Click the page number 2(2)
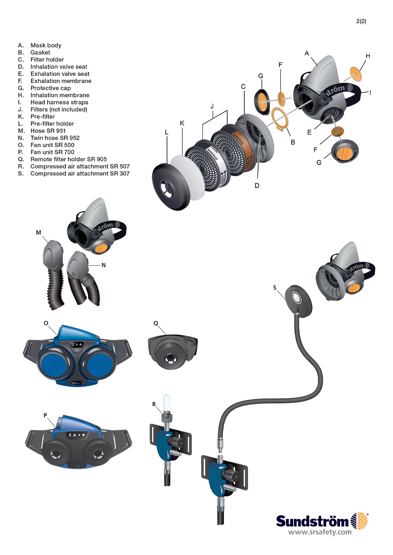(361, 21)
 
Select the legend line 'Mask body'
(46, 46)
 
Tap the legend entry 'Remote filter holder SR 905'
(68, 159)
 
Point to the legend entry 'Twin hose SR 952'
(55, 138)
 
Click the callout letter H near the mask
(368, 56)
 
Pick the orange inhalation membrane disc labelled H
(356, 74)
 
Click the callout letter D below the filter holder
(257, 186)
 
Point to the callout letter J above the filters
(212, 106)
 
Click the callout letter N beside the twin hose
(104, 265)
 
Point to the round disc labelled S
(298, 301)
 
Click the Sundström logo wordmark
(312, 522)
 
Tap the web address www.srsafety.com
(320, 533)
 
